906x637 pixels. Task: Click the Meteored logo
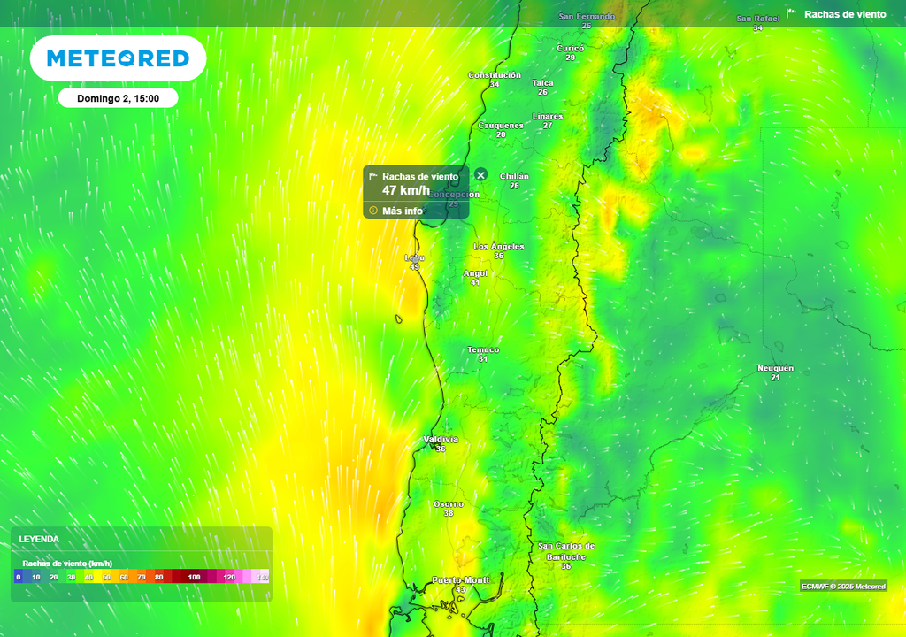pos(118,58)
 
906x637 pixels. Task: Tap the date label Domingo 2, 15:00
pos(118,98)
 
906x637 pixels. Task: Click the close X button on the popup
pos(480,175)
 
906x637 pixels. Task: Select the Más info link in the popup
pos(402,211)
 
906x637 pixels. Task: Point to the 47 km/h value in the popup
pos(406,190)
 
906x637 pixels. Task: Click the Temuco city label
pos(483,350)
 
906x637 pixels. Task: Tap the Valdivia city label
pos(441,440)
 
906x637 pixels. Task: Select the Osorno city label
pos(449,504)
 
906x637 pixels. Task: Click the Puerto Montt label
pos(460,580)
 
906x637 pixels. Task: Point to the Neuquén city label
pos(775,368)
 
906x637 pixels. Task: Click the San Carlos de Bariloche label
pos(566,551)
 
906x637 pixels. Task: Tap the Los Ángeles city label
pos(499,247)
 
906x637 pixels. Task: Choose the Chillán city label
pos(514,176)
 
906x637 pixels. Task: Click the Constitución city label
pos(495,75)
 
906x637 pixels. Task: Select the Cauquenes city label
pos(501,125)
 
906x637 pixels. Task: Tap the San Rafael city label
pos(758,19)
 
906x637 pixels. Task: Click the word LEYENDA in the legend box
pos(39,539)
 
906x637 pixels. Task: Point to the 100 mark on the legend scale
pos(194,577)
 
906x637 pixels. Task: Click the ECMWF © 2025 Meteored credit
pos(843,587)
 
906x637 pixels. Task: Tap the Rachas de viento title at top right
pos(844,14)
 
